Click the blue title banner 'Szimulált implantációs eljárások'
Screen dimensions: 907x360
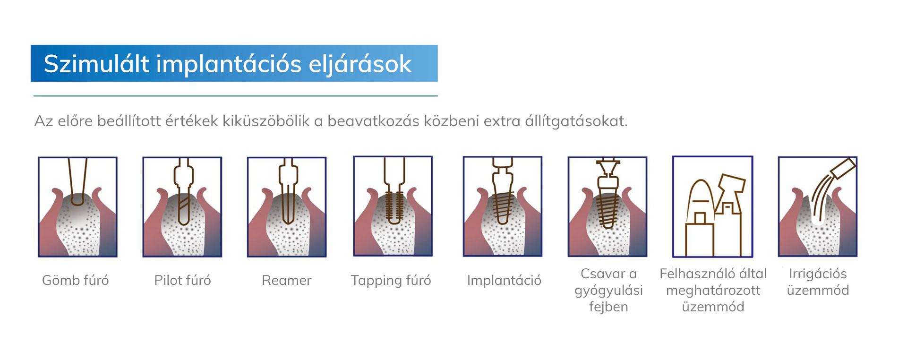234,63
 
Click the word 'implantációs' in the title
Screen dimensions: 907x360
229,64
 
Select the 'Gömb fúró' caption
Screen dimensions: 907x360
76,280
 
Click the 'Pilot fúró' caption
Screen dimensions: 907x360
182,280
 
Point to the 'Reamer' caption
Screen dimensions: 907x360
287,281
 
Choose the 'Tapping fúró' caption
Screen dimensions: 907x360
391,281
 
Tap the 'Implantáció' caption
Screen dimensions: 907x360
504,281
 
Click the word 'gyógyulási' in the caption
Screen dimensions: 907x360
608,291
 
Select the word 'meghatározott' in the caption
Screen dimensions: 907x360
713,290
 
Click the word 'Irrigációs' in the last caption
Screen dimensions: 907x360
818,274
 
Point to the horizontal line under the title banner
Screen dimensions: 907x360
235,96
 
